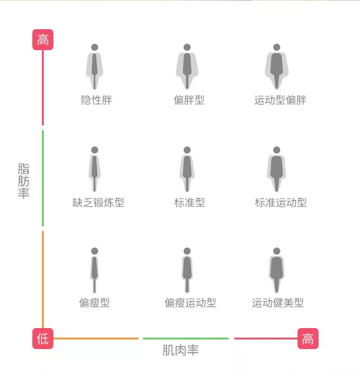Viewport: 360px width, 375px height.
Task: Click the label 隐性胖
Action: pyautogui.click(x=97, y=100)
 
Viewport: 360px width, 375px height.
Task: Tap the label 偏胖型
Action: pyautogui.click(x=189, y=100)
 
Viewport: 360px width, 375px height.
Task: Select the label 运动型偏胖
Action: pyautogui.click(x=280, y=100)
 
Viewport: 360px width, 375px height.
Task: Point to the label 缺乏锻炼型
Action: pyautogui.click(x=98, y=202)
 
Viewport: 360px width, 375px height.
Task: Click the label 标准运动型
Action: pyautogui.click(x=281, y=202)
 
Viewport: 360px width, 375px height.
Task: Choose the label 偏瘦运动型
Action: pyautogui.click(x=190, y=303)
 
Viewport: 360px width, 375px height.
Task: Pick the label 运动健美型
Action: pyautogui.click(x=278, y=303)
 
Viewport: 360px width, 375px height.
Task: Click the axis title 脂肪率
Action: pyautogui.click(x=24, y=181)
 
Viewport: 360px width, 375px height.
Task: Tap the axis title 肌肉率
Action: pyautogui.click(x=180, y=350)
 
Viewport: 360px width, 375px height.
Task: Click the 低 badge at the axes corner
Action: pyautogui.click(x=43, y=339)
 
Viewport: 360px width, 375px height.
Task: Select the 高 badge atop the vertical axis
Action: pyautogui.click(x=43, y=40)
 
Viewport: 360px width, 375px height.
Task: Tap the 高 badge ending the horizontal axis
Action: pyautogui.click(x=308, y=339)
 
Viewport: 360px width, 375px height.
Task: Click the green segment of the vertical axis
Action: pyautogui.click(x=43, y=178)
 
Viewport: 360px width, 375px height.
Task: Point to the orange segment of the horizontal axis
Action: pyautogui.click(x=96, y=339)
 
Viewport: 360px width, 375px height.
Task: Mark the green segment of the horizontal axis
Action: pyautogui.click(x=186, y=339)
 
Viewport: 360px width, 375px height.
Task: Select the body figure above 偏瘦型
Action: pyautogui.click(x=94, y=270)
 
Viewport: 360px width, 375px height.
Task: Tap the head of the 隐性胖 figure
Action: pyautogui.click(x=95, y=47)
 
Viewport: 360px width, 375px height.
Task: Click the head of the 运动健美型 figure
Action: pyautogui.click(x=277, y=251)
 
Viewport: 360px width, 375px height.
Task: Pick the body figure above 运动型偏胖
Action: pyautogui.click(x=277, y=67)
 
